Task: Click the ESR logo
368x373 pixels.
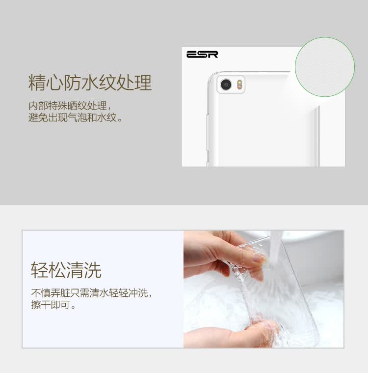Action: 202,55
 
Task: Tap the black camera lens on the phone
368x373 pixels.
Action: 226,85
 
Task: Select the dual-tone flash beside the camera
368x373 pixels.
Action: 240,85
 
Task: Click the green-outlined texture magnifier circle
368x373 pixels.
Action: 325,67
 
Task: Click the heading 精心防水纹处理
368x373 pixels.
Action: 90,83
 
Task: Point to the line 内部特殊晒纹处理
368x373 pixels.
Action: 68,106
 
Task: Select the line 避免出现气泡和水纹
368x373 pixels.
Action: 73,117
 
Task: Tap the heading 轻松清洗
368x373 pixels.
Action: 66,270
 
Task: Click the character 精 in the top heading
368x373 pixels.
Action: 37,83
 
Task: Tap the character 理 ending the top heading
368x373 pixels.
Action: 143,83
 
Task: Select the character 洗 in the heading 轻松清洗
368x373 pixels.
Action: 93,270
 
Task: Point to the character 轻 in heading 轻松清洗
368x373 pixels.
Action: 40,270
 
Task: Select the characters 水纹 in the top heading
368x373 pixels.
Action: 99,83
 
